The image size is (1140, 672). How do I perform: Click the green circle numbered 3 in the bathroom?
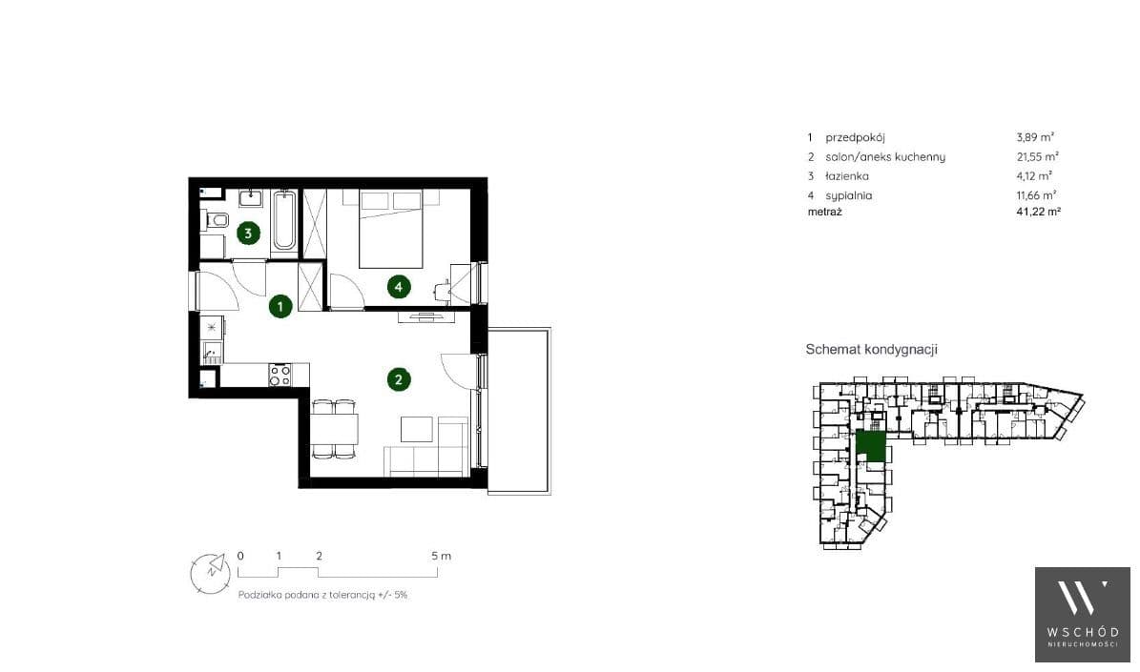coord(248,234)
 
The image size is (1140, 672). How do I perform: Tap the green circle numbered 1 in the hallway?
coord(280,307)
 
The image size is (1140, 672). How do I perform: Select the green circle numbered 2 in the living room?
coord(399,379)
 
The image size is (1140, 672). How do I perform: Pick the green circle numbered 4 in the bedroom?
coord(399,287)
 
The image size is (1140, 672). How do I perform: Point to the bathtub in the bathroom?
coord(284,220)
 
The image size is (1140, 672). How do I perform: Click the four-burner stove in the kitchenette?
coord(280,375)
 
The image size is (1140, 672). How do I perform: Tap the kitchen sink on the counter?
coord(212,353)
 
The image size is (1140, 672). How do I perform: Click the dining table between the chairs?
coord(335,429)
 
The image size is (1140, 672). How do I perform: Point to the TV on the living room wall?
coord(426,316)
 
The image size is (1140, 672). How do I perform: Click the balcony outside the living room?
coord(518,411)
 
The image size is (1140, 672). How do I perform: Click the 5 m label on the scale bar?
coord(442,556)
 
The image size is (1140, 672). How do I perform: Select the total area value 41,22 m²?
coord(1038,212)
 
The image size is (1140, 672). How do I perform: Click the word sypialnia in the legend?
coord(848,195)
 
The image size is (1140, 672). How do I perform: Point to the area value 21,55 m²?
coord(1038,156)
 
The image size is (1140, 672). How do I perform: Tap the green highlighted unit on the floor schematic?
coord(871,446)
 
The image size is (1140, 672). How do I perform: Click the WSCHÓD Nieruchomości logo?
coord(1083,615)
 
